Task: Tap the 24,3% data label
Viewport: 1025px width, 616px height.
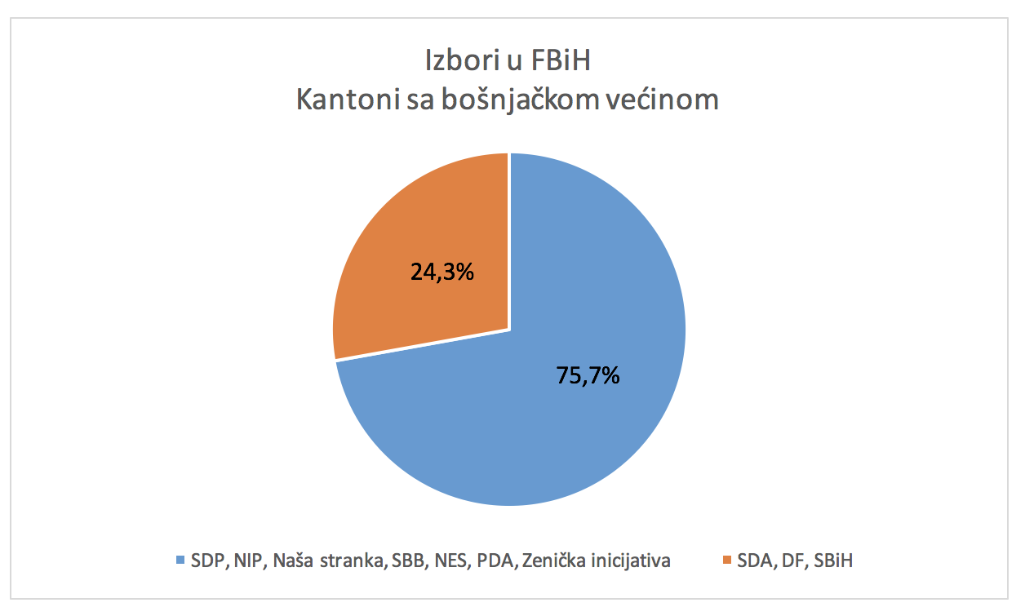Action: coord(442,272)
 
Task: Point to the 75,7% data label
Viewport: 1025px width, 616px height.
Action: coord(588,375)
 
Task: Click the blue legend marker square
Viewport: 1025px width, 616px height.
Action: coord(180,560)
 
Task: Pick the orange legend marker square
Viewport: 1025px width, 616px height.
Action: coord(726,560)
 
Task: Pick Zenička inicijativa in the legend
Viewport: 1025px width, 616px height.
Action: coord(597,561)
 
